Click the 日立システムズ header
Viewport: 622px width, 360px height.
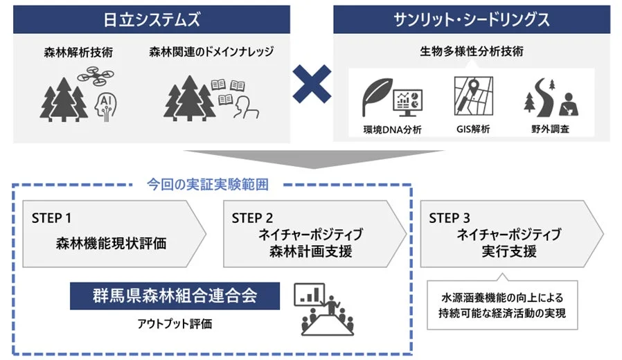151,19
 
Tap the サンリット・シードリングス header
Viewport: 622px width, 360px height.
470,19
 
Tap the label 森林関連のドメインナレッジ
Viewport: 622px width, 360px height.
211,52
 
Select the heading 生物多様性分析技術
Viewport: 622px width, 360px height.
471,52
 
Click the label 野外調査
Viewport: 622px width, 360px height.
547,129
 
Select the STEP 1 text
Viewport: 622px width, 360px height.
52,218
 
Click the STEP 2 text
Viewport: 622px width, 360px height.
253,218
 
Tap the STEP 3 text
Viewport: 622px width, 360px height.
450,218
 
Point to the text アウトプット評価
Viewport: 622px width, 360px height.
175,323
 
